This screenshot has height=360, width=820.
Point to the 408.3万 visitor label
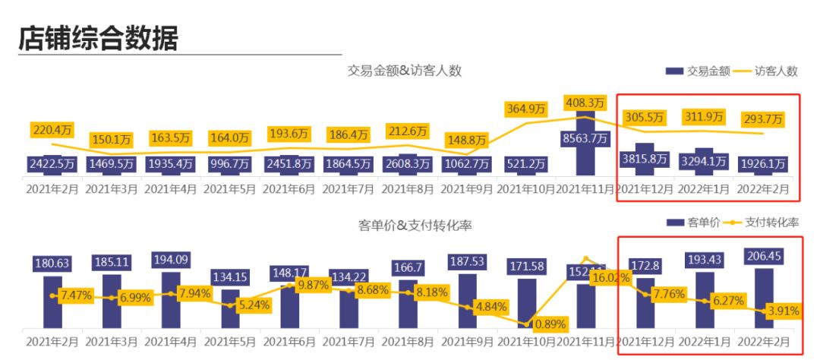point(585,102)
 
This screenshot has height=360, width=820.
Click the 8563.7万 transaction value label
point(584,137)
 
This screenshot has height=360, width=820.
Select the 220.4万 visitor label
point(52,129)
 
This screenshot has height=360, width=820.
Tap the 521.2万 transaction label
point(525,163)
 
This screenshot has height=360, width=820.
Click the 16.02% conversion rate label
point(609,278)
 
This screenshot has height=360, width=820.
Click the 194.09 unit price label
point(172,258)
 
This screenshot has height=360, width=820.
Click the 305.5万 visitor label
point(643,118)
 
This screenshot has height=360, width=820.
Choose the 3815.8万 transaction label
point(643,159)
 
